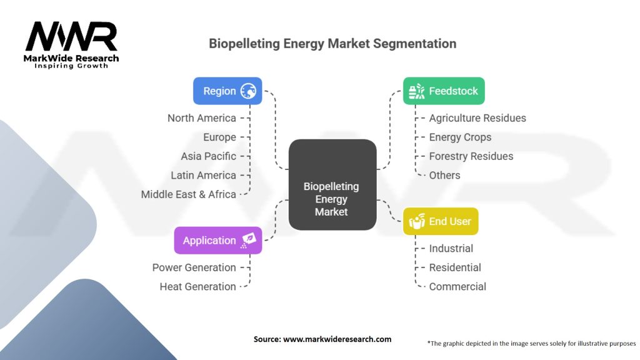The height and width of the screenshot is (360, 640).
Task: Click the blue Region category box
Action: (x=227, y=91)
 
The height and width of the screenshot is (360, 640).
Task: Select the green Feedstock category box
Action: (x=443, y=91)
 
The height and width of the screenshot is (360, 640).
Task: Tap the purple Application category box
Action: (x=217, y=241)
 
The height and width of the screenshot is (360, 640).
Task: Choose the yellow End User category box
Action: (x=440, y=221)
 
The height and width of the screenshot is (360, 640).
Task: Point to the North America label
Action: (x=201, y=118)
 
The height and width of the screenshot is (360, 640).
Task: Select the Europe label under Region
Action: (x=219, y=137)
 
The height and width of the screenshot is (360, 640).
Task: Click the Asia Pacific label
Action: (x=208, y=156)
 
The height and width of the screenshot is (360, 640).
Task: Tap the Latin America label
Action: (x=203, y=176)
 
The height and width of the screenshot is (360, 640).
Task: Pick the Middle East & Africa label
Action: (x=188, y=194)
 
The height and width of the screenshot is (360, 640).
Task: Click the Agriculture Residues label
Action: (x=477, y=118)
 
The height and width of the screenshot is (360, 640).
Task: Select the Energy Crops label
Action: (x=460, y=137)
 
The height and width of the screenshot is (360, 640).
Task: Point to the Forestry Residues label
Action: (x=471, y=156)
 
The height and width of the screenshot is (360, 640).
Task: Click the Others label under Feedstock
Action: (x=444, y=176)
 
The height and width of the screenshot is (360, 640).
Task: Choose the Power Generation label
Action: (x=194, y=267)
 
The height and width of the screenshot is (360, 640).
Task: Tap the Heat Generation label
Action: (x=197, y=287)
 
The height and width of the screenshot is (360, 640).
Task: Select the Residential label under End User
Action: (x=454, y=267)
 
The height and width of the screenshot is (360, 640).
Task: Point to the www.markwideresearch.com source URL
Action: (x=337, y=339)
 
